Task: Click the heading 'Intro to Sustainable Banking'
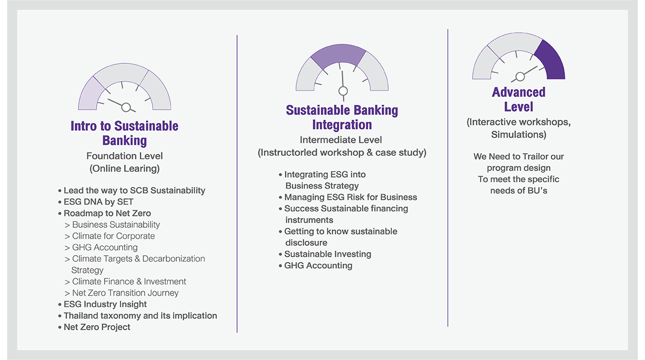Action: coord(124,133)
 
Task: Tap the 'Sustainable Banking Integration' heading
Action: coord(342,118)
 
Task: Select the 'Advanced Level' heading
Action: coord(519,99)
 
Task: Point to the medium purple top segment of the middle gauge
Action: coord(339,55)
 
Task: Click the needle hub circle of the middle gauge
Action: coord(343,91)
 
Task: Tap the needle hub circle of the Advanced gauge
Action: coord(520,76)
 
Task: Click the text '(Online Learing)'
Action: coord(124,169)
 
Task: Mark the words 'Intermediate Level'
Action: coord(341,140)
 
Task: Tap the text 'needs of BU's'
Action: coord(519,191)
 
